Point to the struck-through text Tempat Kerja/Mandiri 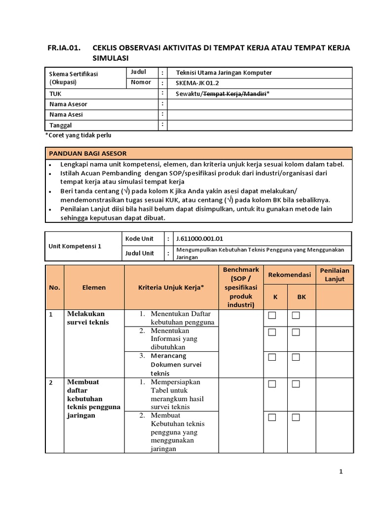(x=234, y=93)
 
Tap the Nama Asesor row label (x=69, y=104)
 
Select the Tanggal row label (x=61, y=126)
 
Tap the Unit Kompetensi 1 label (x=75, y=246)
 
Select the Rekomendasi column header (x=289, y=274)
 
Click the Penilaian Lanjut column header (x=335, y=275)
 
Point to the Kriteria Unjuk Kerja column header (x=171, y=287)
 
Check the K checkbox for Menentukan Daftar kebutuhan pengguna (x=272, y=316)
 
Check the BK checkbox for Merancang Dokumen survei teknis (x=296, y=357)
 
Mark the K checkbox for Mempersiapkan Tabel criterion (x=272, y=384)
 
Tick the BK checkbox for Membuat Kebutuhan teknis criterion (x=296, y=418)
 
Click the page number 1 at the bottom (x=341, y=472)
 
